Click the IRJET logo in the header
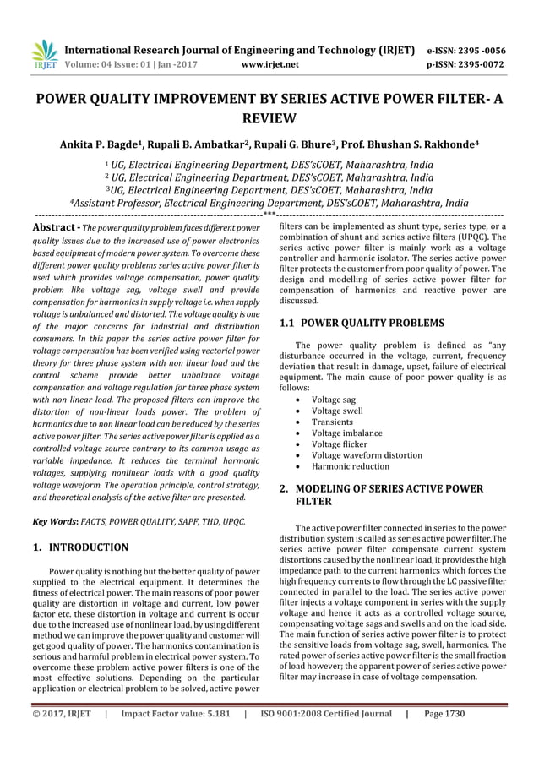coord(44,54)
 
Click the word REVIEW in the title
coord(269,118)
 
